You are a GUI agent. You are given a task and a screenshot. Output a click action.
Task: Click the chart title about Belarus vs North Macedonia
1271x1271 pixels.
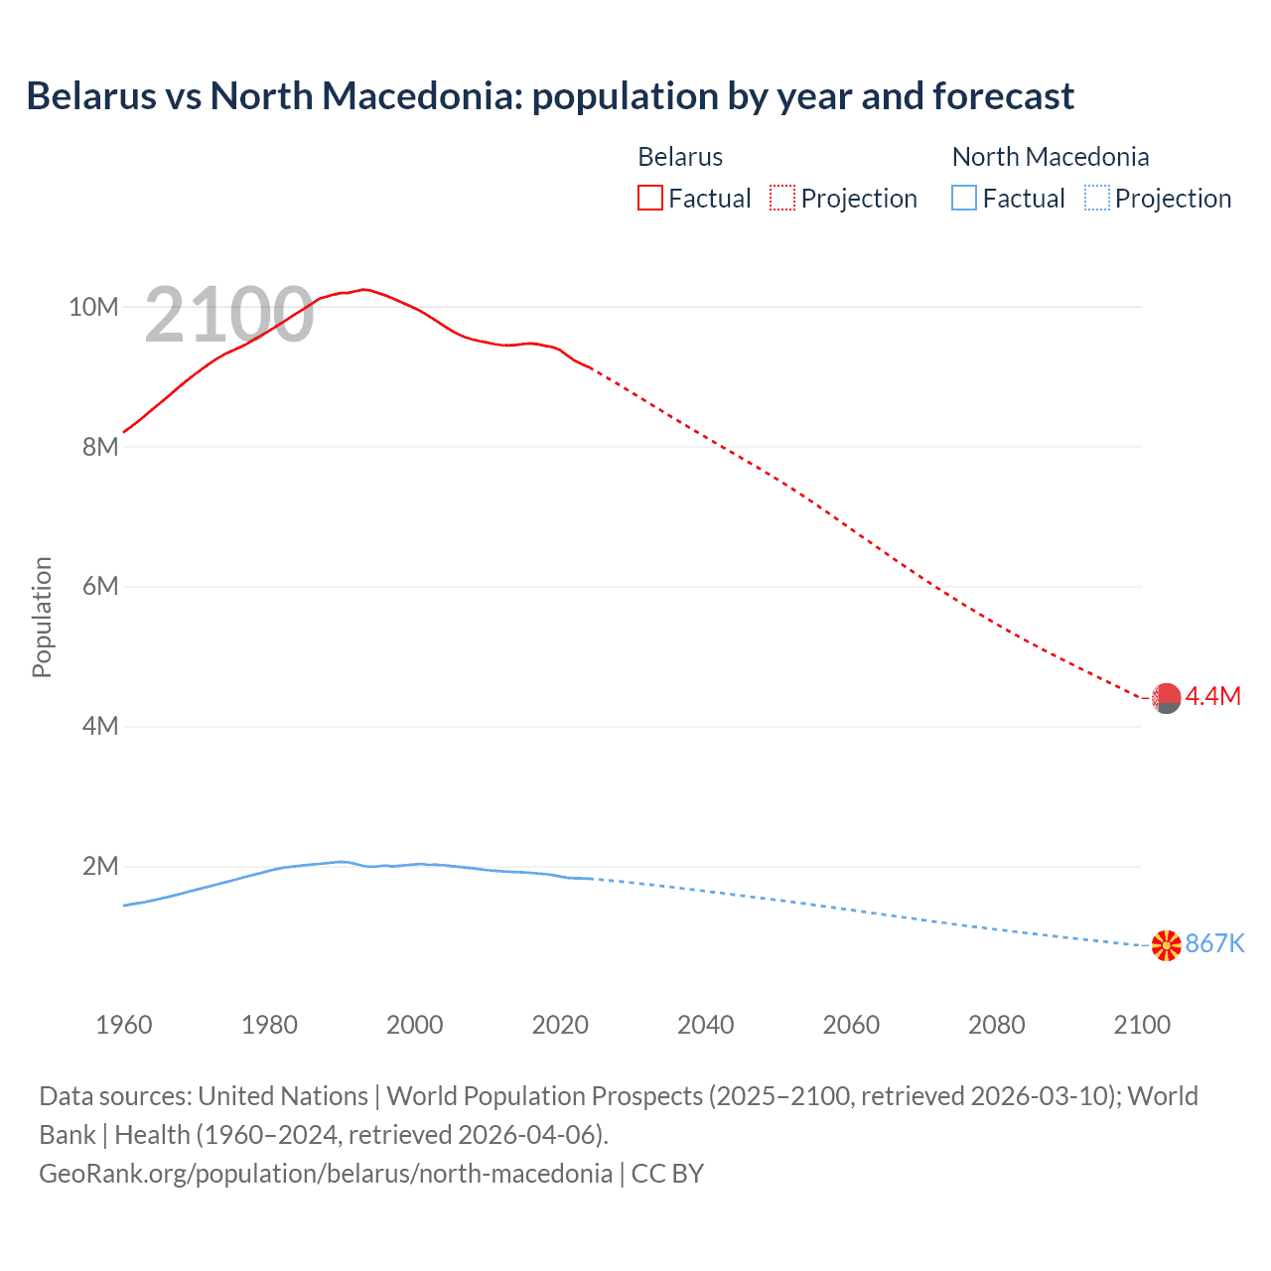[x=550, y=96]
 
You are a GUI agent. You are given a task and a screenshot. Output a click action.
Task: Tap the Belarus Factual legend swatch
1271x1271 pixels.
[x=649, y=199]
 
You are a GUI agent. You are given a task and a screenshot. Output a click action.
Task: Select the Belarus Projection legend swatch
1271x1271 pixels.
[x=782, y=199]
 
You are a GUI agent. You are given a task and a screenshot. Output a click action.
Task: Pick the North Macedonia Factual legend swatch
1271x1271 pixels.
[x=963, y=199]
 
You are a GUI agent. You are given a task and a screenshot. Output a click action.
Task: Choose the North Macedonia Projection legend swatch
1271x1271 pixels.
[x=1096, y=199]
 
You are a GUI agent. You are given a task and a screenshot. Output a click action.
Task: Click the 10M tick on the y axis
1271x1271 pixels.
[x=93, y=307]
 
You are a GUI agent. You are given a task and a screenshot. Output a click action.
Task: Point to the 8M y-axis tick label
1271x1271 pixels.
[x=99, y=447]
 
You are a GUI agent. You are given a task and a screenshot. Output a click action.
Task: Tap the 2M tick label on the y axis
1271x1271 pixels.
[x=99, y=867]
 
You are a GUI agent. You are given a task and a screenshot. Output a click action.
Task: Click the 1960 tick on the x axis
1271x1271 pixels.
[x=124, y=1025]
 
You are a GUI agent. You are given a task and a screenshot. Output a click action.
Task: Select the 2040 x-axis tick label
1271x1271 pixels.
[x=705, y=1025]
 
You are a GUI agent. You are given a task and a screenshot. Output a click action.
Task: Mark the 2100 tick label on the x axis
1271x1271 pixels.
[x=1142, y=1025]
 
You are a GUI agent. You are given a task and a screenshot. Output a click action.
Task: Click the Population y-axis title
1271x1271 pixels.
[x=42, y=617]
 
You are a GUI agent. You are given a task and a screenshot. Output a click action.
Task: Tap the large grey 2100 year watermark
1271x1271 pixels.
[x=229, y=316]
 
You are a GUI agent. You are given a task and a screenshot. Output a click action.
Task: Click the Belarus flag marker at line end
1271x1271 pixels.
[x=1166, y=698]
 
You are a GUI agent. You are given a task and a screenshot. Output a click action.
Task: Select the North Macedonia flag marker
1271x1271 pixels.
[x=1166, y=945]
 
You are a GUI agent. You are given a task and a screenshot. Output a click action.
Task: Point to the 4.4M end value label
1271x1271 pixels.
[x=1212, y=696]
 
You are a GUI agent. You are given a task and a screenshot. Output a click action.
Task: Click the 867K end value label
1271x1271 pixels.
[x=1214, y=943]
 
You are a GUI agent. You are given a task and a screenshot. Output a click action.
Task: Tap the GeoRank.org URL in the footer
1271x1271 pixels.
[x=326, y=1174]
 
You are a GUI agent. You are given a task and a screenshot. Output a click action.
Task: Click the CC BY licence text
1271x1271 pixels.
[x=667, y=1174]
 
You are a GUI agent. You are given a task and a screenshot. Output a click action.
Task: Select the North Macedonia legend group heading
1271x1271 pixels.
[x=1050, y=157]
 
